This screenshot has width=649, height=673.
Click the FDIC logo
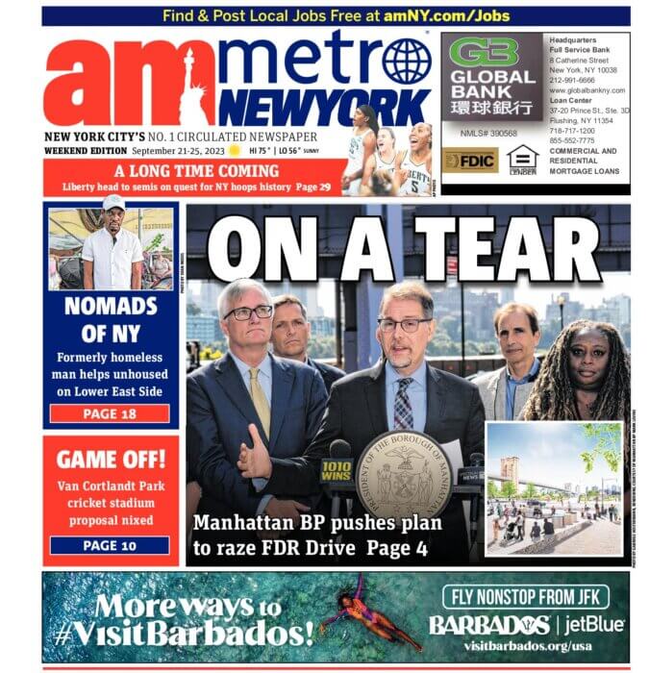click(470, 161)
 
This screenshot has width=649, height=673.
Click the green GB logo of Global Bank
click(484, 51)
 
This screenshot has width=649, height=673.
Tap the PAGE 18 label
click(109, 414)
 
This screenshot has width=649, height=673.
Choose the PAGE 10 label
click(109, 545)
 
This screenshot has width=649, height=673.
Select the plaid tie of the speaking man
click(402, 403)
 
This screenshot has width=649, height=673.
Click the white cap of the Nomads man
click(113, 202)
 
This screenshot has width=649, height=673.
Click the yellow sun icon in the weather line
click(233, 151)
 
